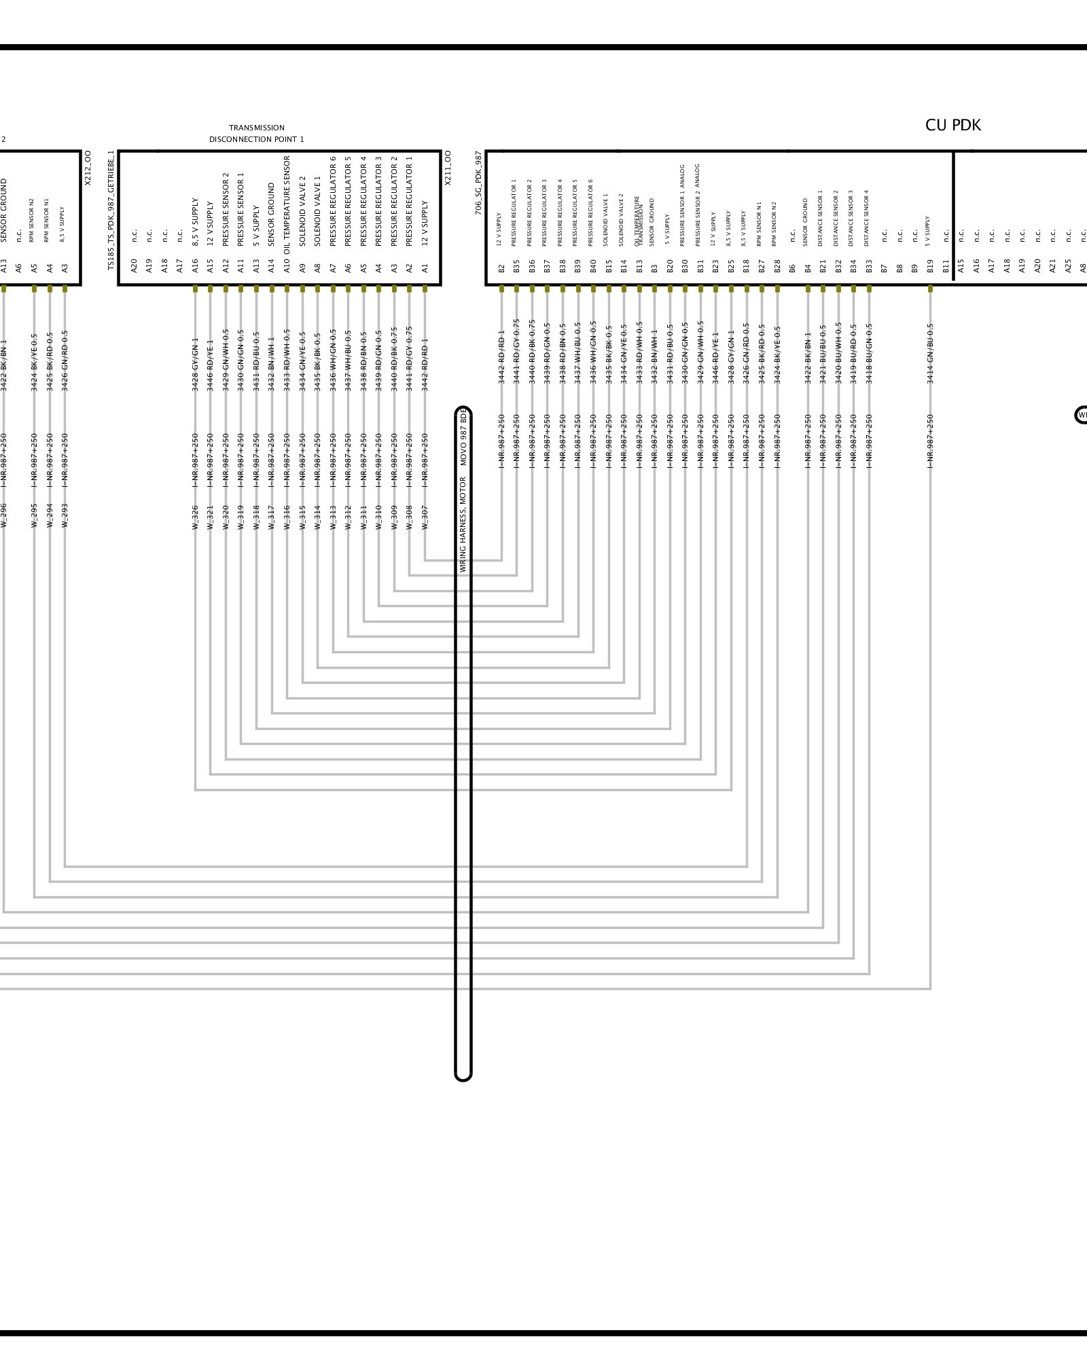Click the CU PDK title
point(952,126)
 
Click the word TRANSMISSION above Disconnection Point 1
point(256,128)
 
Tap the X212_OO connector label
point(87,168)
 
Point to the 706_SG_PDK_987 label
point(478,183)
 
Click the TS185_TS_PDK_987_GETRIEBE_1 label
point(111,211)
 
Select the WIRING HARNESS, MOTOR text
point(463,524)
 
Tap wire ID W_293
point(65,515)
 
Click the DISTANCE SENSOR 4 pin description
point(867,219)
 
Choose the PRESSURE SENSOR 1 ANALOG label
point(683,205)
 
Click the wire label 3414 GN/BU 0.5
point(930,353)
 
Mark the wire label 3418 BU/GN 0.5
point(869,353)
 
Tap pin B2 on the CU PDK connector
point(501,268)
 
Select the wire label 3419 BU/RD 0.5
point(853,353)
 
